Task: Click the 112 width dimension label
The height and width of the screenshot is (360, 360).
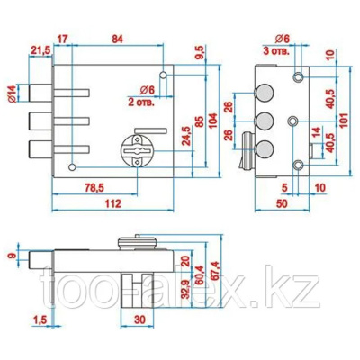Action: (113, 203)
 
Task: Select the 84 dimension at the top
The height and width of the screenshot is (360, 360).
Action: (117, 40)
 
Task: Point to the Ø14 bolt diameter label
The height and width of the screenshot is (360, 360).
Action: (13, 94)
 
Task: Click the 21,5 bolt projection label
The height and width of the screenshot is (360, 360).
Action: (40, 51)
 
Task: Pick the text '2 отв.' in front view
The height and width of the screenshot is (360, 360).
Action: (141, 103)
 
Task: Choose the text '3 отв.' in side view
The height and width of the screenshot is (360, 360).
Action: (276, 50)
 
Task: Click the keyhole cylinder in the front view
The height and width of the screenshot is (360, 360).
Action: (138, 150)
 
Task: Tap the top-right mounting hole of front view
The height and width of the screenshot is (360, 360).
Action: (163, 75)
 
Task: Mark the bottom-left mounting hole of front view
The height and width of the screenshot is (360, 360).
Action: (72, 167)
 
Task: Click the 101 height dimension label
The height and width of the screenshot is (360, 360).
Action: (344, 120)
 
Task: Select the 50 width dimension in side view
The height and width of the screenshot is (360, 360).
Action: (282, 203)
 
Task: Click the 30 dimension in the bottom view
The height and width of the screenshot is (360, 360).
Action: (139, 319)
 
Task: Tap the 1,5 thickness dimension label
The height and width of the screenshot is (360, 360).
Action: (40, 320)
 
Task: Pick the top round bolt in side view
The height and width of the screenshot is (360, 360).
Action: (265, 93)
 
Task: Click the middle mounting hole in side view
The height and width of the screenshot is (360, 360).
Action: (292, 121)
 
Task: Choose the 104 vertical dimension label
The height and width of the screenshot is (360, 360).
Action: (212, 121)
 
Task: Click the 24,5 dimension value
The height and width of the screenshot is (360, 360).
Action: (186, 136)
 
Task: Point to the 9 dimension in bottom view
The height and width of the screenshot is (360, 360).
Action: (12, 256)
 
